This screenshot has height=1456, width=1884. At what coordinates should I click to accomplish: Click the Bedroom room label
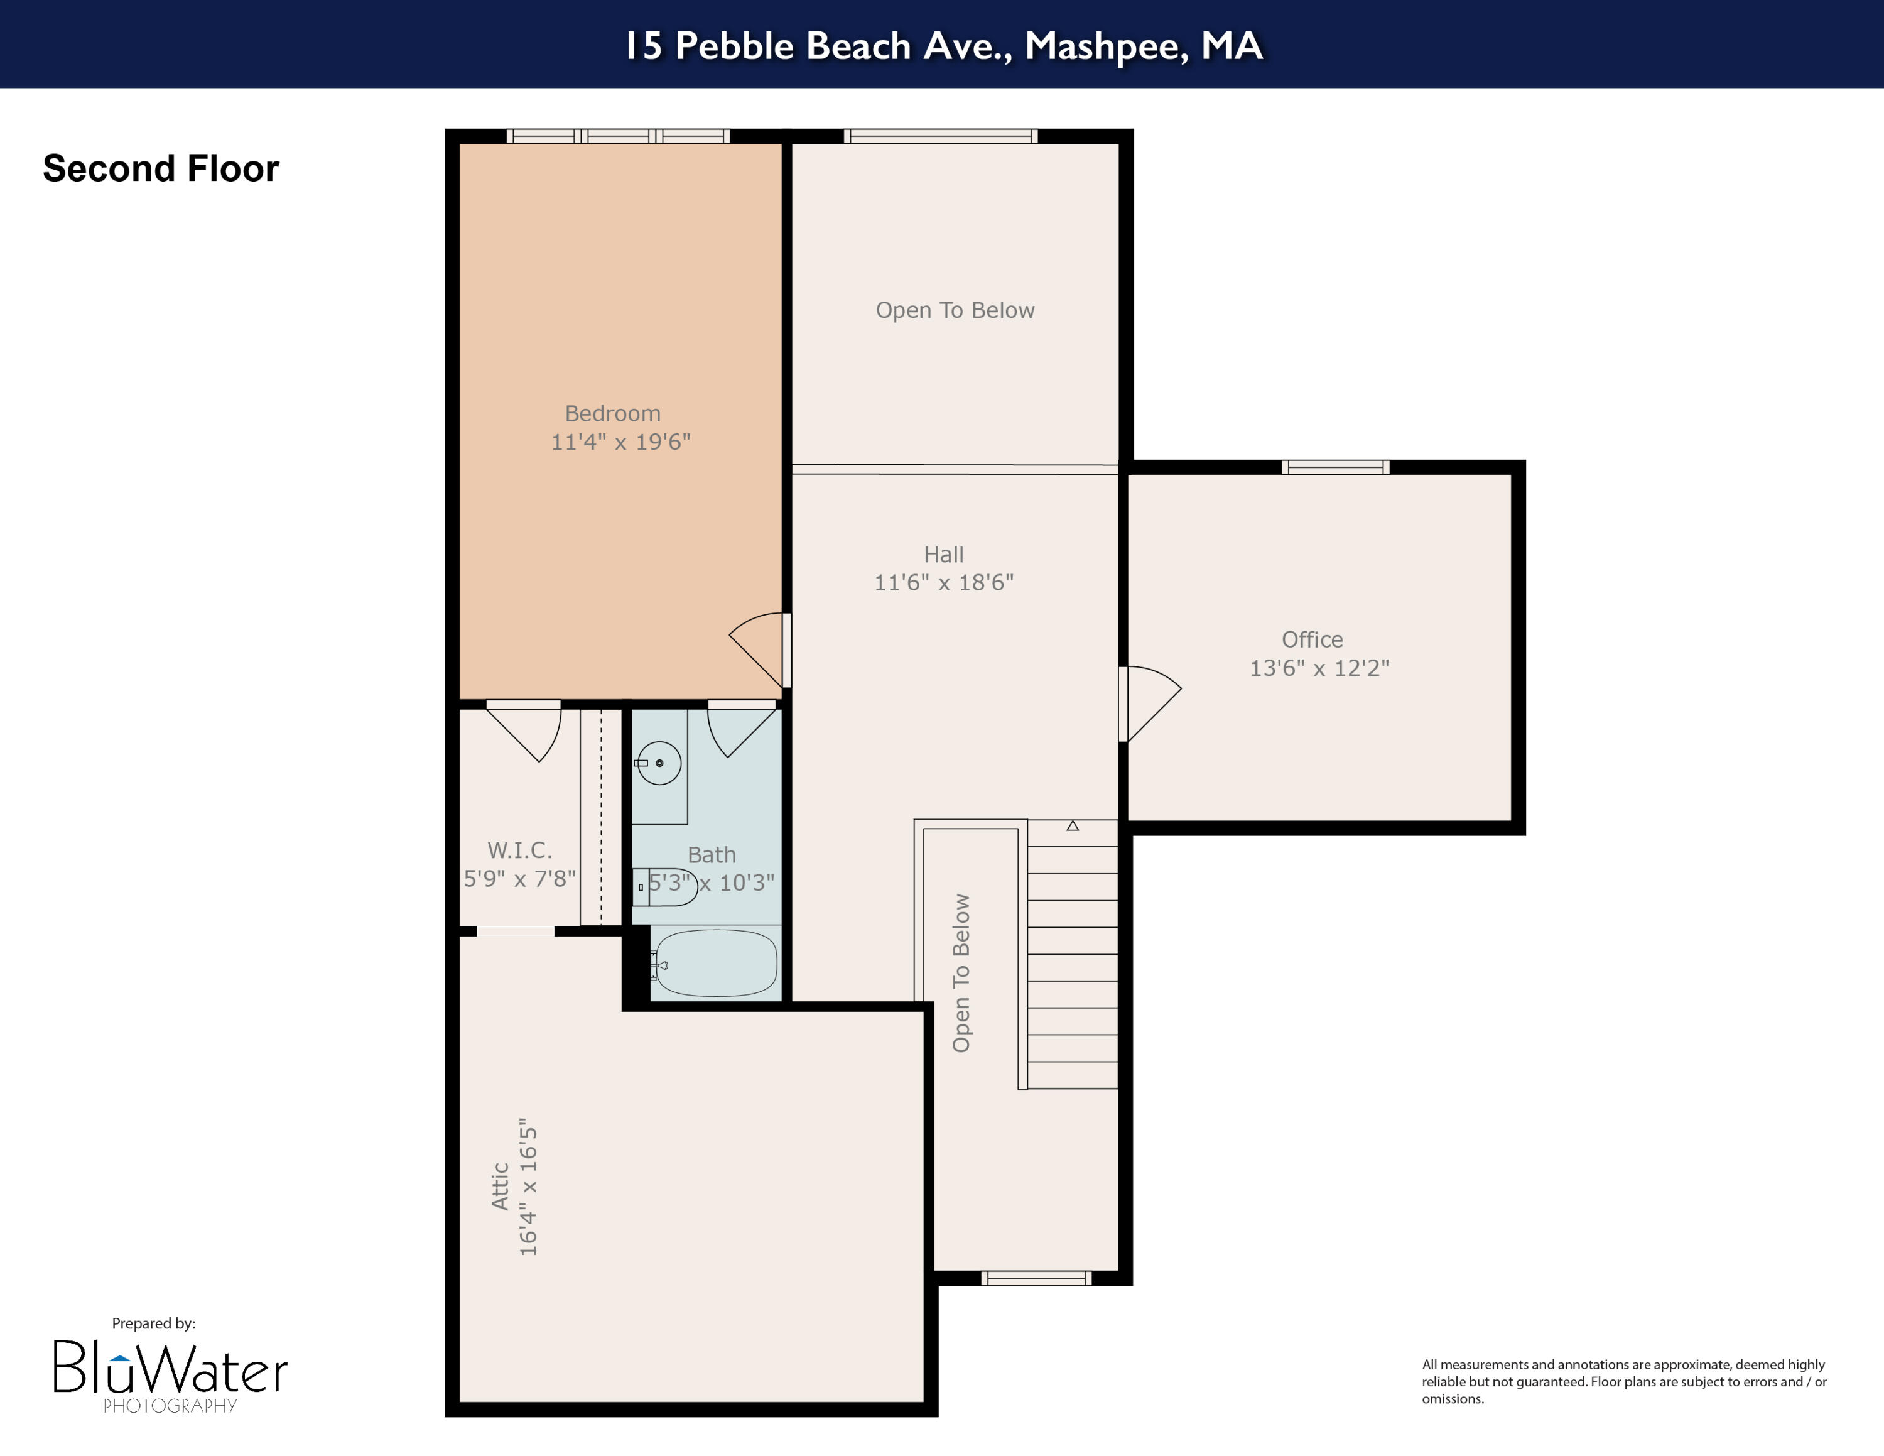pos(612,414)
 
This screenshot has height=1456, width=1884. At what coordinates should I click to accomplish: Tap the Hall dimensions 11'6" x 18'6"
pos(944,583)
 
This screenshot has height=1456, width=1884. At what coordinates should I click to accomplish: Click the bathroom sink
pos(659,763)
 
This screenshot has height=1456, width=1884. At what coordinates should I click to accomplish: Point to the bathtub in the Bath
pos(714,964)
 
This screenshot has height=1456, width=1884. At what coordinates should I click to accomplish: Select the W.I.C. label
pos(519,850)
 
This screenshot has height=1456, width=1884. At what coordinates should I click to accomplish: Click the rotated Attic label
pos(501,1186)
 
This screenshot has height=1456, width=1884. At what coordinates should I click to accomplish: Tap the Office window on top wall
pos(1334,467)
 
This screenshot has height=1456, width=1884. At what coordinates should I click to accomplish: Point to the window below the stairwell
pos(1036,1278)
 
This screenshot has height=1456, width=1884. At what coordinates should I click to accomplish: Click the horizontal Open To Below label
pos(955,310)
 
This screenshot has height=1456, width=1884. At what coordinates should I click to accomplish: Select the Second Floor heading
pos(161,168)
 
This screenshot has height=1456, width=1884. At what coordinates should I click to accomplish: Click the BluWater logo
pos(170,1371)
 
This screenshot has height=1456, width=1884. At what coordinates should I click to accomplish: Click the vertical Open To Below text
pos(961,973)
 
